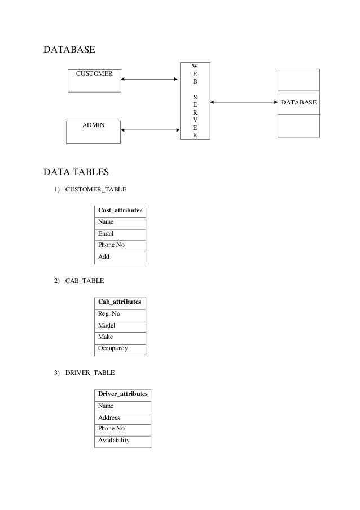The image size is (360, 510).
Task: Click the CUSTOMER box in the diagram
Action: [94, 81]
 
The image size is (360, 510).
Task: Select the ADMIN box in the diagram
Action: [93, 132]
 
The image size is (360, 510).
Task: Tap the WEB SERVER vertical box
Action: [195, 101]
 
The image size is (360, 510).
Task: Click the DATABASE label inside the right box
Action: [298, 102]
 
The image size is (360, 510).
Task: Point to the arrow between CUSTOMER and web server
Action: [149, 79]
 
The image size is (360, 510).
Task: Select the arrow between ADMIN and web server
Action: [150, 130]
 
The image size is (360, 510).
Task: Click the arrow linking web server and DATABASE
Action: [244, 102]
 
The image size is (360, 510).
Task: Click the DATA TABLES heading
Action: [76, 172]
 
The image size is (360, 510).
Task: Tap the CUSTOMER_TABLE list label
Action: [96, 189]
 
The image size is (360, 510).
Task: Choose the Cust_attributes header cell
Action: [120, 211]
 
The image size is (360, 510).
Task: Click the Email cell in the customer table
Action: [120, 235]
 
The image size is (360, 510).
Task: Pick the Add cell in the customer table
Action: [120, 258]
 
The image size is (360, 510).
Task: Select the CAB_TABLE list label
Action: [85, 281]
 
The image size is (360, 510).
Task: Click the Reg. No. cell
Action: [120, 315]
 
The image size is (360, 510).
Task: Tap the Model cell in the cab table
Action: [120, 326]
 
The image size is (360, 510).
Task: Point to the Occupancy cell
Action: [120, 350]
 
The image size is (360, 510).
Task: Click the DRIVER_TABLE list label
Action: [90, 373]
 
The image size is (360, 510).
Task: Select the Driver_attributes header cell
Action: [123, 395]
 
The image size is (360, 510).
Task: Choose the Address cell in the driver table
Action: [123, 419]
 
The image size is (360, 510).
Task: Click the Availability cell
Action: [123, 442]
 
